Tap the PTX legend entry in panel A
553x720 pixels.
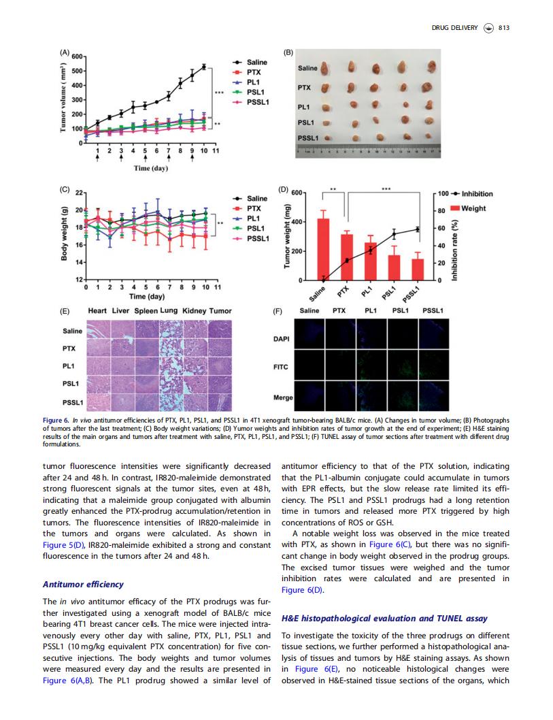click(x=247, y=72)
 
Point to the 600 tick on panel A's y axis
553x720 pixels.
click(x=77, y=56)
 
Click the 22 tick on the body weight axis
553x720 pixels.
click(x=79, y=193)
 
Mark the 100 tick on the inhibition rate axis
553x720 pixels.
click(x=443, y=193)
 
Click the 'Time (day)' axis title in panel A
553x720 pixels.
click(x=150, y=168)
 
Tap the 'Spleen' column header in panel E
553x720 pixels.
click(x=146, y=311)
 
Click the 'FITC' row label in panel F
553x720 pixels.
click(x=280, y=367)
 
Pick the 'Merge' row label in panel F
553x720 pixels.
click(x=283, y=397)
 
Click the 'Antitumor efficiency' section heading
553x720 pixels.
click(x=83, y=584)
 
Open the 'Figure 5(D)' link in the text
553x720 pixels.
click(x=64, y=545)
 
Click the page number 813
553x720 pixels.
click(x=503, y=27)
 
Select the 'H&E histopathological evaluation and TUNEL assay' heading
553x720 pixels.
click(x=384, y=618)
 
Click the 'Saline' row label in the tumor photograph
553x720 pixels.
click(x=307, y=68)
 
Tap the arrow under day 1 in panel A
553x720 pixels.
click(x=97, y=157)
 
